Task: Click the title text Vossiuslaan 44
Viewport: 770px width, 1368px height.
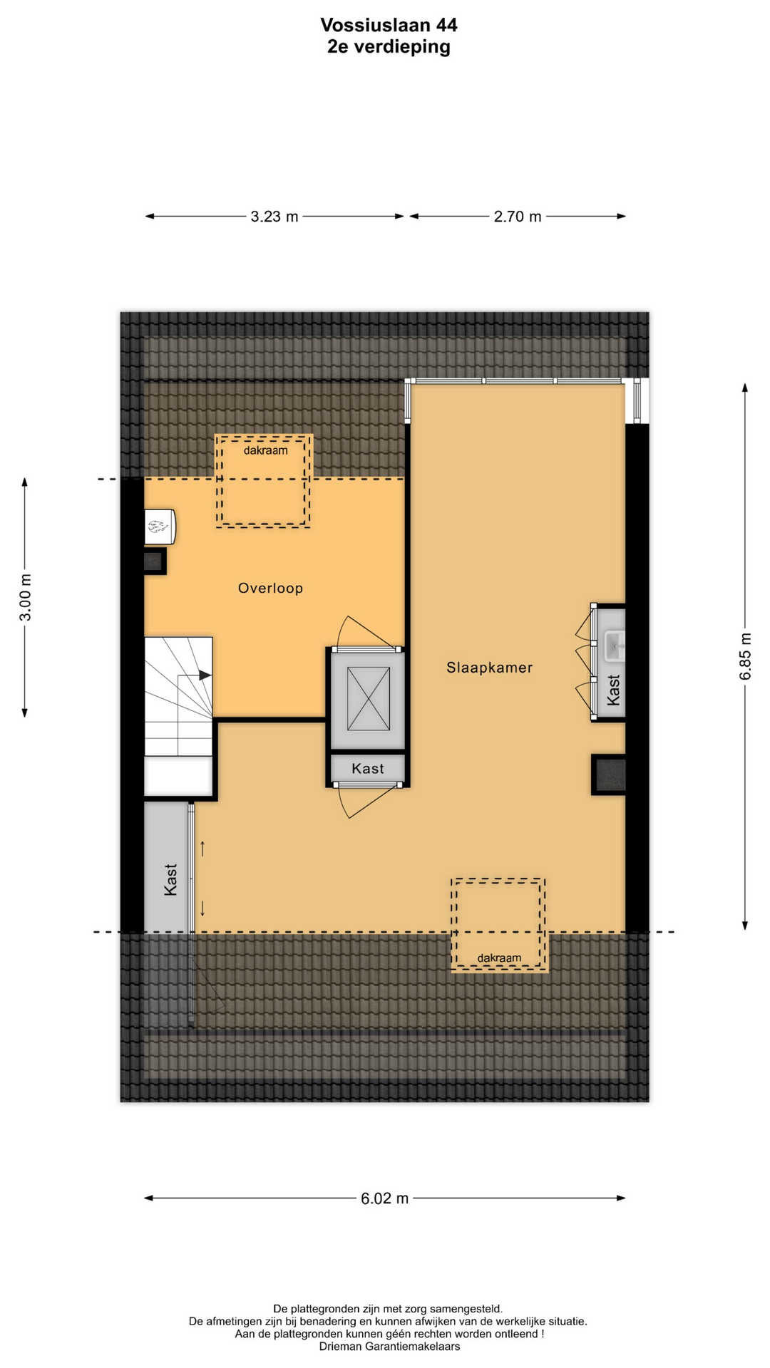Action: pos(389,26)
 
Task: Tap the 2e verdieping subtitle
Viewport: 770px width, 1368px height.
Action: pos(389,47)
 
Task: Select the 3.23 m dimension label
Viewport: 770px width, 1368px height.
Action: pos(274,217)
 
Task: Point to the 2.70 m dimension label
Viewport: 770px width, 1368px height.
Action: pos(518,217)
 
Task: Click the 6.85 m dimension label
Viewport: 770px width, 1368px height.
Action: pos(746,656)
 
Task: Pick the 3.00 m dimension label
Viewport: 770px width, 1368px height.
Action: pos(26,597)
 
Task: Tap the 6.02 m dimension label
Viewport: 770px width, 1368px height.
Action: pos(385,1198)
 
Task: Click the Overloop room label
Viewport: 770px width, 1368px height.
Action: pos(270,588)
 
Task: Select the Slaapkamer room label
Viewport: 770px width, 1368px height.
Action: pos(490,668)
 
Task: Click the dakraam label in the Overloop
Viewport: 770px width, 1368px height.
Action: pos(266,450)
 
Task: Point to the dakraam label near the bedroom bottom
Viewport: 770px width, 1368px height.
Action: pos(499,958)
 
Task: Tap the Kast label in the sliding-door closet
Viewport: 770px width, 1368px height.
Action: pos(170,879)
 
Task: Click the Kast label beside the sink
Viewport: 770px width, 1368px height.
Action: pos(614,690)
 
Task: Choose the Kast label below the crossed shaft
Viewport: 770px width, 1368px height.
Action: pos(368,769)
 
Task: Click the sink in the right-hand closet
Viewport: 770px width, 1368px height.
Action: pos(615,646)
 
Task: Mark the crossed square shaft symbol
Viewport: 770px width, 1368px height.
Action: pos(369,699)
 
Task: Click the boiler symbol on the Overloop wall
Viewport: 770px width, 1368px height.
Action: pos(160,527)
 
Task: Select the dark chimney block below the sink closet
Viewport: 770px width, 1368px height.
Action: pos(610,774)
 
